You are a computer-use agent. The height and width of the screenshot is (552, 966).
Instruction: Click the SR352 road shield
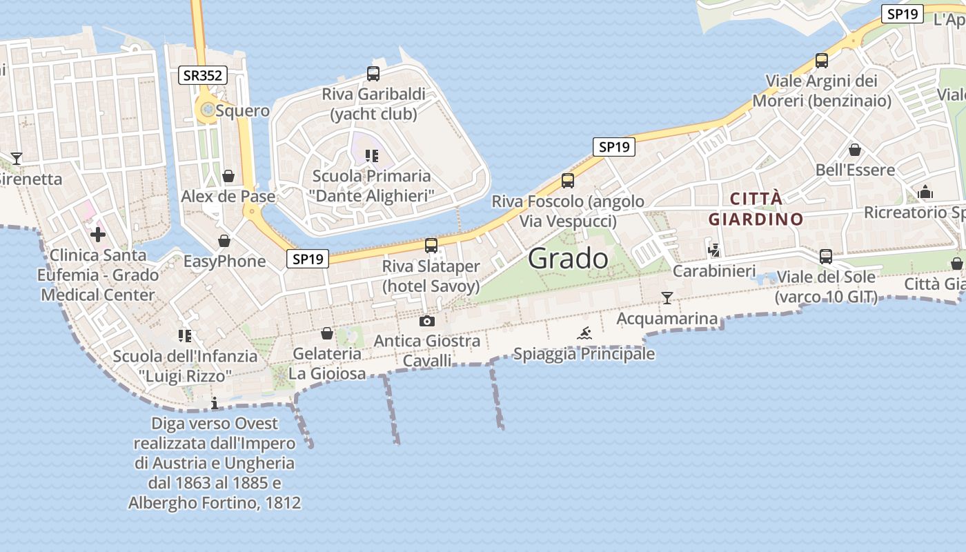pyautogui.click(x=203, y=75)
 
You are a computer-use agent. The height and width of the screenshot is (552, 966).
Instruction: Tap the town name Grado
pyautogui.click(x=569, y=259)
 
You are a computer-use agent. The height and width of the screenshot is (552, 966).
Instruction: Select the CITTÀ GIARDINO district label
pyautogui.click(x=756, y=209)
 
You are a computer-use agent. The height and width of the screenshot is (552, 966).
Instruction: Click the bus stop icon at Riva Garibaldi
pyautogui.click(x=373, y=74)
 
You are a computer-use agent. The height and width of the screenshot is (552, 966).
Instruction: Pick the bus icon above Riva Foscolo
pyautogui.click(x=568, y=181)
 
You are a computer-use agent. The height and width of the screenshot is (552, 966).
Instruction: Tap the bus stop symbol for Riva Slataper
pyautogui.click(x=431, y=245)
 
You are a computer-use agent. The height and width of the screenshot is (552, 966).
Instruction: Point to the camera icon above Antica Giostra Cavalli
pyautogui.click(x=427, y=321)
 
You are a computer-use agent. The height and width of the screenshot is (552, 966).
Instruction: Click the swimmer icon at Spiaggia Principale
pyautogui.click(x=584, y=334)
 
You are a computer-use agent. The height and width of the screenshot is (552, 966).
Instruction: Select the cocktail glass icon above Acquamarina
pyautogui.click(x=667, y=298)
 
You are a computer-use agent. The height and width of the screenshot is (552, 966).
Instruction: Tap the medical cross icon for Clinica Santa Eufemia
pyautogui.click(x=98, y=235)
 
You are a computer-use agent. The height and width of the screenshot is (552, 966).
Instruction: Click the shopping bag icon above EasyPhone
pyautogui.click(x=224, y=241)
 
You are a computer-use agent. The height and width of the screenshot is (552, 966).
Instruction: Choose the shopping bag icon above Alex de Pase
pyautogui.click(x=228, y=176)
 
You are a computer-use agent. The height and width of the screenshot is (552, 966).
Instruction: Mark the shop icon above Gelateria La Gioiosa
pyautogui.click(x=327, y=334)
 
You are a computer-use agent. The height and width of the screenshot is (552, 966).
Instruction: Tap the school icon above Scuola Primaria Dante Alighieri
pyautogui.click(x=373, y=156)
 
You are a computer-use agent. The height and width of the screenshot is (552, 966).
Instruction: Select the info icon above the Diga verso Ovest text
pyautogui.click(x=215, y=402)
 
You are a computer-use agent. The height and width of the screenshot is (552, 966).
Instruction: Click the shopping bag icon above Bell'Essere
pyautogui.click(x=855, y=150)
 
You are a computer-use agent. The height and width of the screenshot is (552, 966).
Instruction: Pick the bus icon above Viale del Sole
pyautogui.click(x=826, y=257)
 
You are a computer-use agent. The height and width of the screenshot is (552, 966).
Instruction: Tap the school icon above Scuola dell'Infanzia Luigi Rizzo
pyautogui.click(x=184, y=336)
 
